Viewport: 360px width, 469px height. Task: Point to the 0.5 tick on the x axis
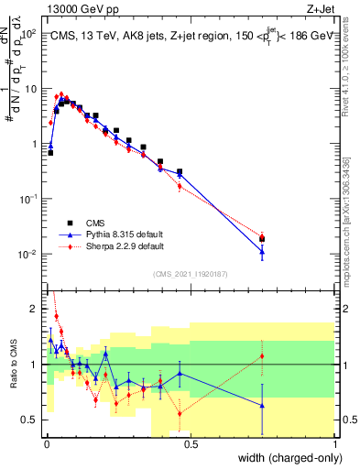[190, 444]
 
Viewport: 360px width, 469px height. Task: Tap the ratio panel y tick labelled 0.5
[32, 420]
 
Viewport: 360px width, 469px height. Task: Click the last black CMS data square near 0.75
[262, 239]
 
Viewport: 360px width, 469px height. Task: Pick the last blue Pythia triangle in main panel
[262, 252]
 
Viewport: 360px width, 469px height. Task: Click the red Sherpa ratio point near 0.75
[262, 355]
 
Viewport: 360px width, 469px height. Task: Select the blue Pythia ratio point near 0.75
[262, 405]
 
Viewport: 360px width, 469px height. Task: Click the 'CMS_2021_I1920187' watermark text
[190, 274]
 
